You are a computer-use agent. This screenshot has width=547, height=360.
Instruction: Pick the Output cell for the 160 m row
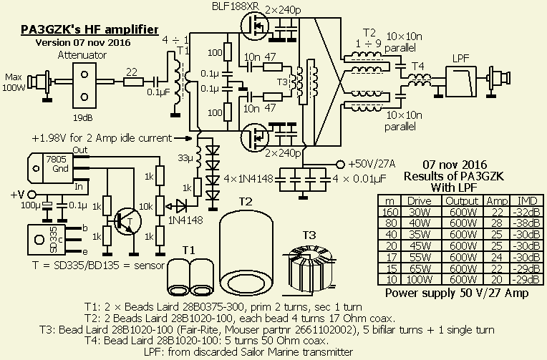(x=462, y=211)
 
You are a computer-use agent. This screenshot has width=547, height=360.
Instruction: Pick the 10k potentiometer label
(x=145, y=205)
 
